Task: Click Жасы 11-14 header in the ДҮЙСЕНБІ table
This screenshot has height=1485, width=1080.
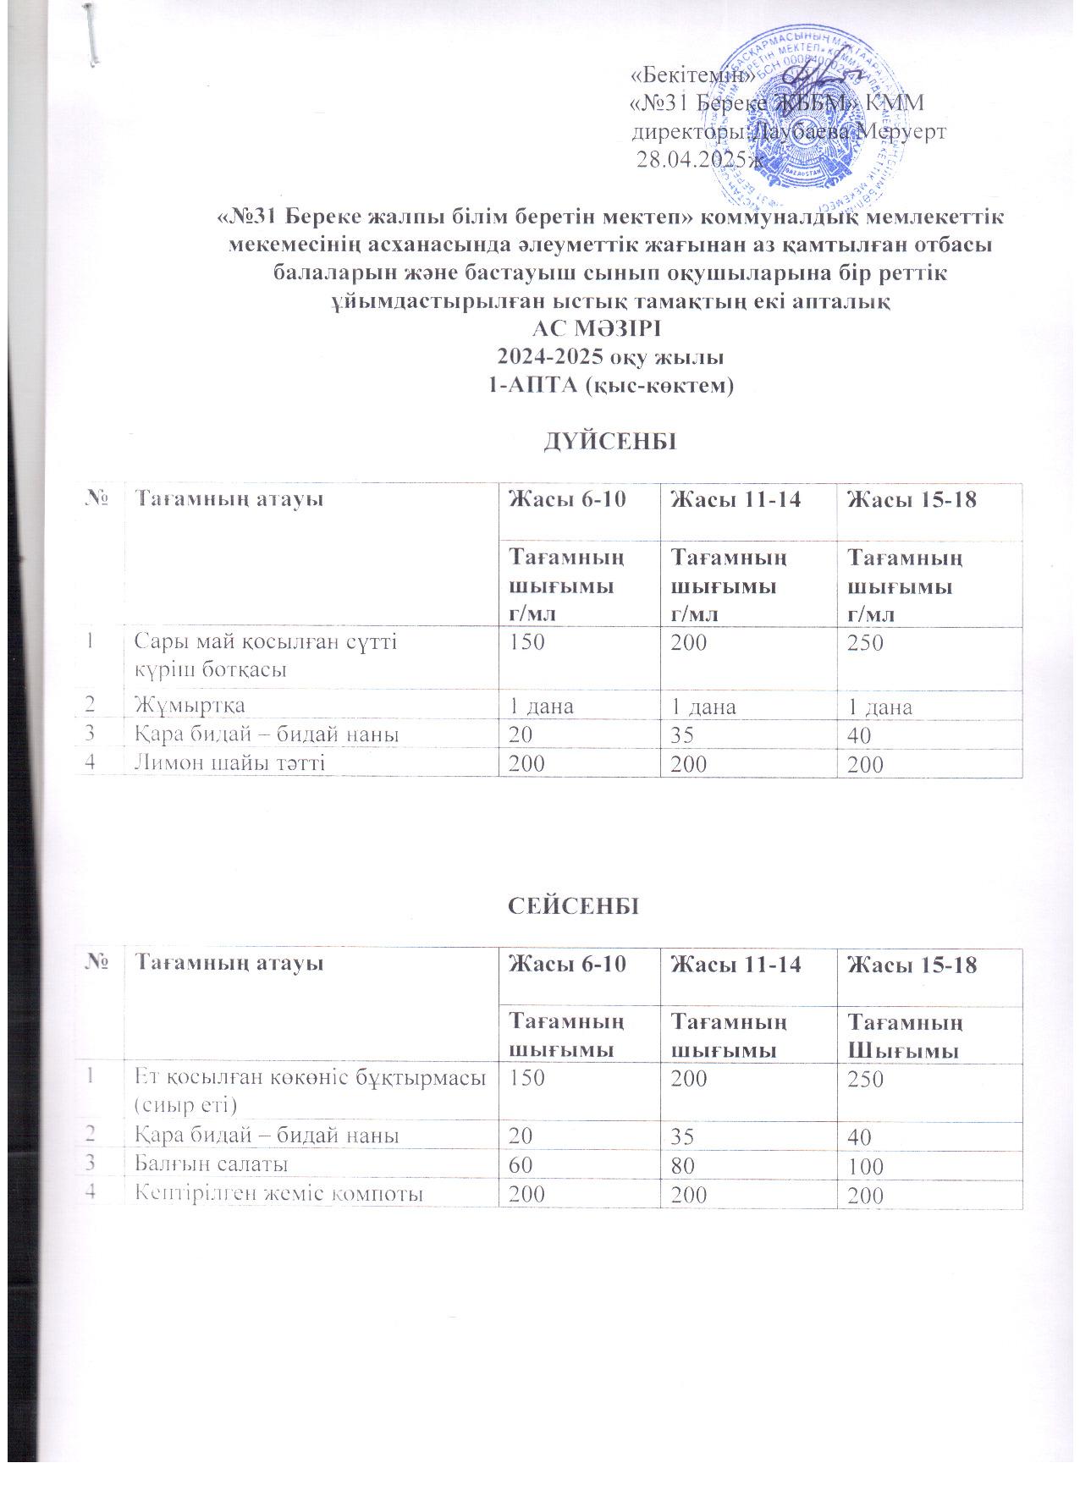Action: (x=724, y=500)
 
